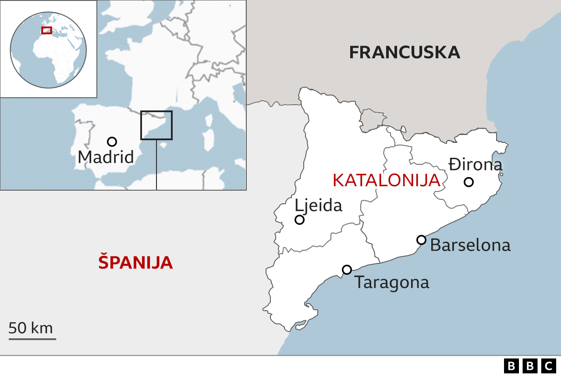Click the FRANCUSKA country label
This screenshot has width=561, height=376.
tap(405, 52)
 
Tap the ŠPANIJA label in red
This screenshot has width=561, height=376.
tap(135, 262)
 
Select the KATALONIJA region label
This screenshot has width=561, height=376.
tap(386, 180)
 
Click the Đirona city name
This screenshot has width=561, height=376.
tap(475, 165)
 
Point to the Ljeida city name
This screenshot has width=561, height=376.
tap(318, 205)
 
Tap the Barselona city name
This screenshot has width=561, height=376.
tap(470, 245)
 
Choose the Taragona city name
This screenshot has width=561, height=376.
tap(391, 282)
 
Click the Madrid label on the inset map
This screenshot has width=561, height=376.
tap(106, 157)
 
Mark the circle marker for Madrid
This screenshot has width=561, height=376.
tap(112, 142)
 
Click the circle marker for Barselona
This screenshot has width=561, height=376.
tap(421, 240)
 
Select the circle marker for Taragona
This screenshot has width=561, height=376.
tap(347, 270)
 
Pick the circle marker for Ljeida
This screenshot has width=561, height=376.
tap(299, 220)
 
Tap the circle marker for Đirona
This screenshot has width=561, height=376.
tap(469, 182)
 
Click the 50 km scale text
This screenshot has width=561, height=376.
tap(31, 328)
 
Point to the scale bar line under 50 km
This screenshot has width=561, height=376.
tap(32, 338)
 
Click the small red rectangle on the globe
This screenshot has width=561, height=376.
tap(46, 30)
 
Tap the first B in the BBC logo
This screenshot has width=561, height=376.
tap(511, 365)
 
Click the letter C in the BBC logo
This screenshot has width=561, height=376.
tap(548, 365)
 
